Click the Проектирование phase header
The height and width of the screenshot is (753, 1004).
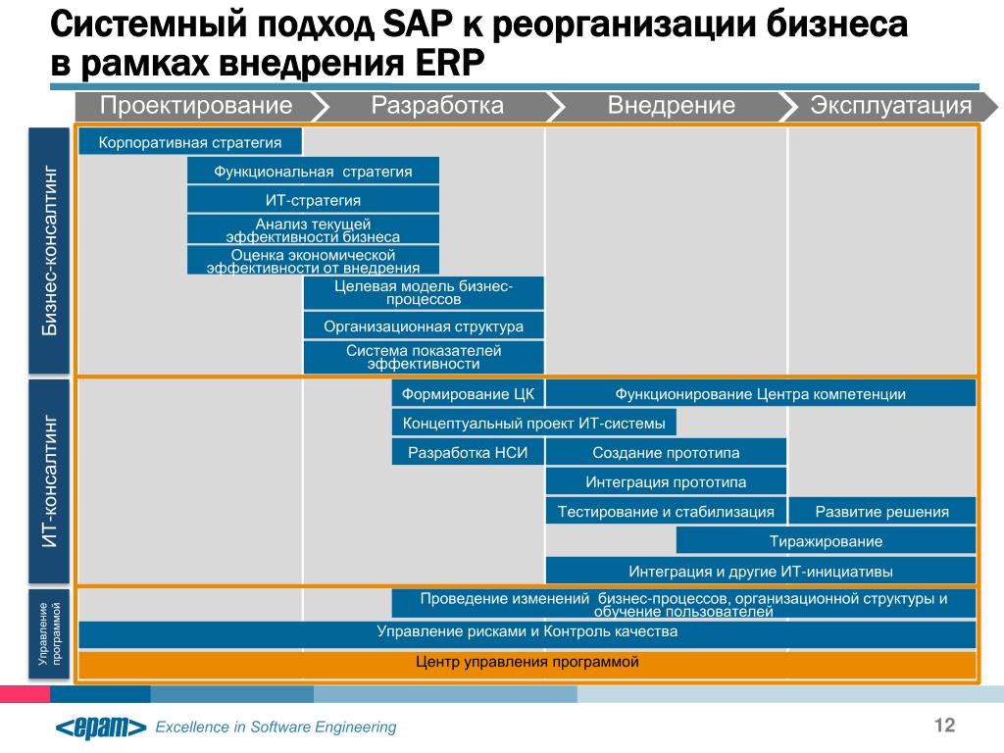[195, 106]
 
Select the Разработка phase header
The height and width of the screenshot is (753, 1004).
[437, 106]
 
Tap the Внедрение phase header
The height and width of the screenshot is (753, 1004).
[671, 106]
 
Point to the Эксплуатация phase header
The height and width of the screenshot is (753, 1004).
[890, 106]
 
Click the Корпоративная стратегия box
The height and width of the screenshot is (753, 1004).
[190, 142]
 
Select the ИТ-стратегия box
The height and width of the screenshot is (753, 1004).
[313, 200]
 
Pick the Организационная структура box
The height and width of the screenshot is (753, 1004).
[424, 326]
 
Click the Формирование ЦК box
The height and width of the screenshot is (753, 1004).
[468, 394]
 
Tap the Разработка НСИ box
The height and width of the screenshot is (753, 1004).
[468, 453]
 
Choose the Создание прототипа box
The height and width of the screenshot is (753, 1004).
[666, 453]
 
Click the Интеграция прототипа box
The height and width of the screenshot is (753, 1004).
[666, 482]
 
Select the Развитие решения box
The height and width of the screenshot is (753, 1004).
[881, 512]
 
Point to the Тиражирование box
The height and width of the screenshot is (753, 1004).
[826, 541]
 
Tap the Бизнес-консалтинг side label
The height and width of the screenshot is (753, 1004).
[49, 250]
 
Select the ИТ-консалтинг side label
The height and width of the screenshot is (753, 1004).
[49, 481]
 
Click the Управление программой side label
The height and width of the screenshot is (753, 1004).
[49, 634]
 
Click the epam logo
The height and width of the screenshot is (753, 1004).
[101, 728]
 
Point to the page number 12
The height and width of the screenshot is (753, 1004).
[944, 725]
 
